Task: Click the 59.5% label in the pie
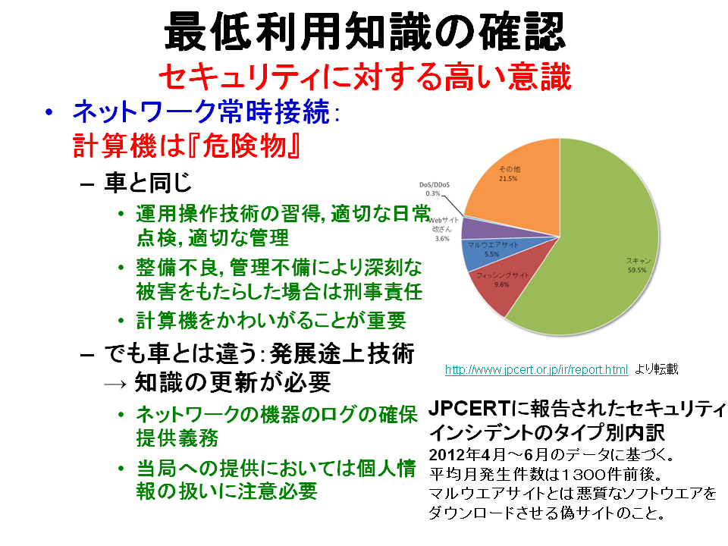[x=637, y=270]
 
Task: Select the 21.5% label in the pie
[x=508, y=178]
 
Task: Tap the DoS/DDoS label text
[x=434, y=185]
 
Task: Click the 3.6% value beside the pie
[x=442, y=239]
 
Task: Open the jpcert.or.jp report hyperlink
[x=536, y=369]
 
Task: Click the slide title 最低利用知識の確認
[x=365, y=32]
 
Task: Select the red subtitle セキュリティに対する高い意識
[x=365, y=77]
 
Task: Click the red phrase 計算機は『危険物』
[x=186, y=146]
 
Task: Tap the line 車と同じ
[x=148, y=183]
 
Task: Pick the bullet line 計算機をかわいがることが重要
[x=271, y=320]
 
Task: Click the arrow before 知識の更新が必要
[x=115, y=384]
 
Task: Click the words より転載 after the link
[x=657, y=369]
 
